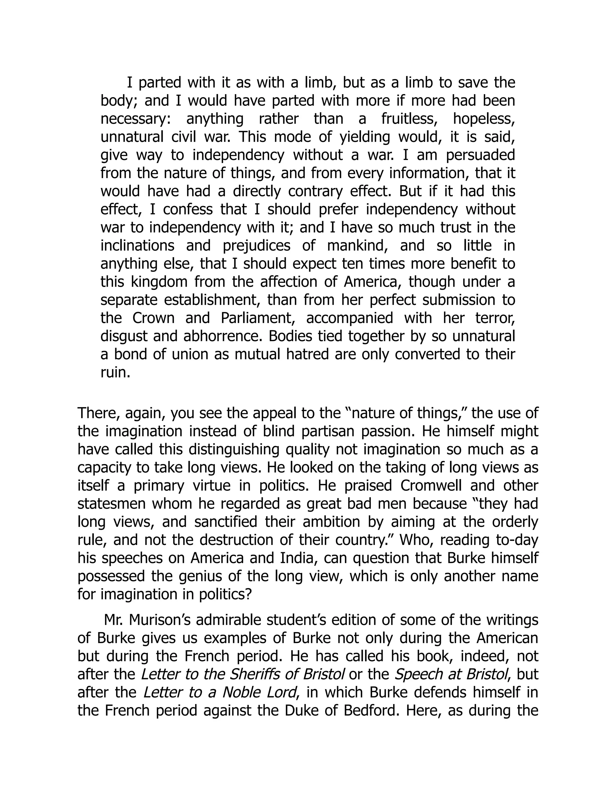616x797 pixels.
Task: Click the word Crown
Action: click(153, 318)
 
